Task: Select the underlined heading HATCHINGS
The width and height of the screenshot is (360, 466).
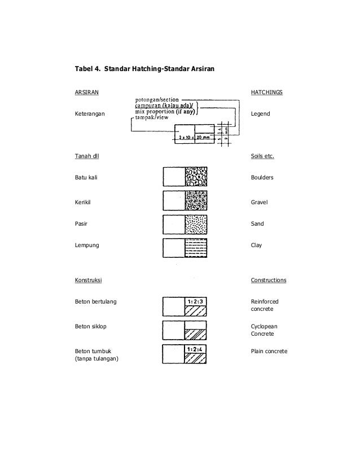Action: tap(266, 92)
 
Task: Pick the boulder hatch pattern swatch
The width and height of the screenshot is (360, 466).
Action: tap(196, 177)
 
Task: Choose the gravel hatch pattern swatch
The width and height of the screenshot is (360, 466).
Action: tap(196, 201)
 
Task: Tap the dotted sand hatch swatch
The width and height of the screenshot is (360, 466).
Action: tap(196, 224)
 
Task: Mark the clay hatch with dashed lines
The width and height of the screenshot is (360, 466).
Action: tap(196, 247)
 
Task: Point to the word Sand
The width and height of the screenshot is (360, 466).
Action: tap(257, 224)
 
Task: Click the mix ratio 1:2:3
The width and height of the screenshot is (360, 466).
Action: tap(196, 301)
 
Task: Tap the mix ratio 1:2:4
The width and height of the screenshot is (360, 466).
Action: tap(195, 348)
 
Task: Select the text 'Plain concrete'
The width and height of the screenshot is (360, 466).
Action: tap(269, 351)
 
